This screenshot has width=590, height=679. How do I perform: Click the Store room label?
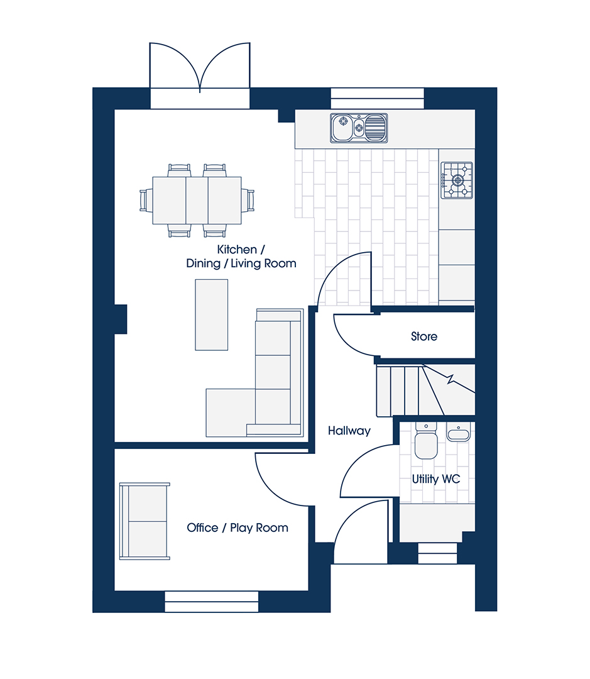pos(423,336)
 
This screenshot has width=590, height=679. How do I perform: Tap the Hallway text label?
pos(349,431)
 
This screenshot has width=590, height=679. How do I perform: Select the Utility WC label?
pos(436,479)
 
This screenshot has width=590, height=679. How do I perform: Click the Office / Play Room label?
pos(238,528)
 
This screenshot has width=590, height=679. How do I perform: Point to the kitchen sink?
pos(359,128)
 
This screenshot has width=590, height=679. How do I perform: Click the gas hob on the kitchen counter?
pos(457,180)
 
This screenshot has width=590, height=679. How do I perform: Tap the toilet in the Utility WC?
pos(426,441)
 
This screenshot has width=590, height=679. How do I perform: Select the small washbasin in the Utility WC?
pos(458,433)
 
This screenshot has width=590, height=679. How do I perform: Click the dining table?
pos(197,200)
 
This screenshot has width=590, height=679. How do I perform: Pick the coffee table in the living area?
pos(212,315)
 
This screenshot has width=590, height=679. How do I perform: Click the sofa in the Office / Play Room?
pos(145,521)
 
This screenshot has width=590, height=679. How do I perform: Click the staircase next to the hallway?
pos(425,390)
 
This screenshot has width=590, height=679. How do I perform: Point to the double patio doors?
pos(200,69)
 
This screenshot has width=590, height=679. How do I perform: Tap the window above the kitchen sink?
pos(378,98)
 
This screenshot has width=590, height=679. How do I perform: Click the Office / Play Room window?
pos(212,602)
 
